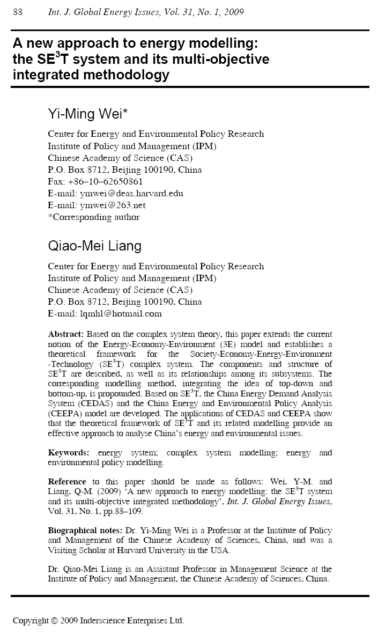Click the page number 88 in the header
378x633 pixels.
(x=17, y=12)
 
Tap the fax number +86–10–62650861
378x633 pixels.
(x=109, y=181)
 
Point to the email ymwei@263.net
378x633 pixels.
(x=113, y=205)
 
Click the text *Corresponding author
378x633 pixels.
(x=94, y=217)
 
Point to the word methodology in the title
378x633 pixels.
(x=125, y=75)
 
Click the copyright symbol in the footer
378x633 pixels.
(x=54, y=621)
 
